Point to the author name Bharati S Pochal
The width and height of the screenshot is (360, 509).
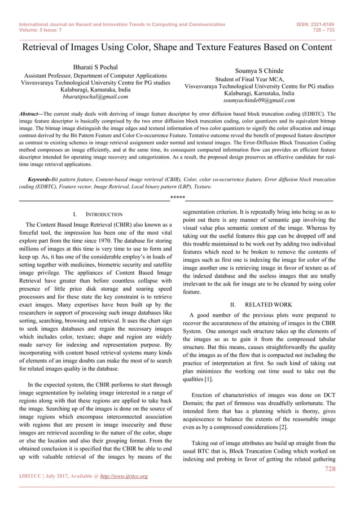click(95, 67)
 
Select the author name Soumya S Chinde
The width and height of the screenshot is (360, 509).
click(259, 71)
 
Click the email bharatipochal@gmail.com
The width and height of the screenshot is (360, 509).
click(95, 96)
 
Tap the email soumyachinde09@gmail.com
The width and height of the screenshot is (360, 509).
click(259, 100)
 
